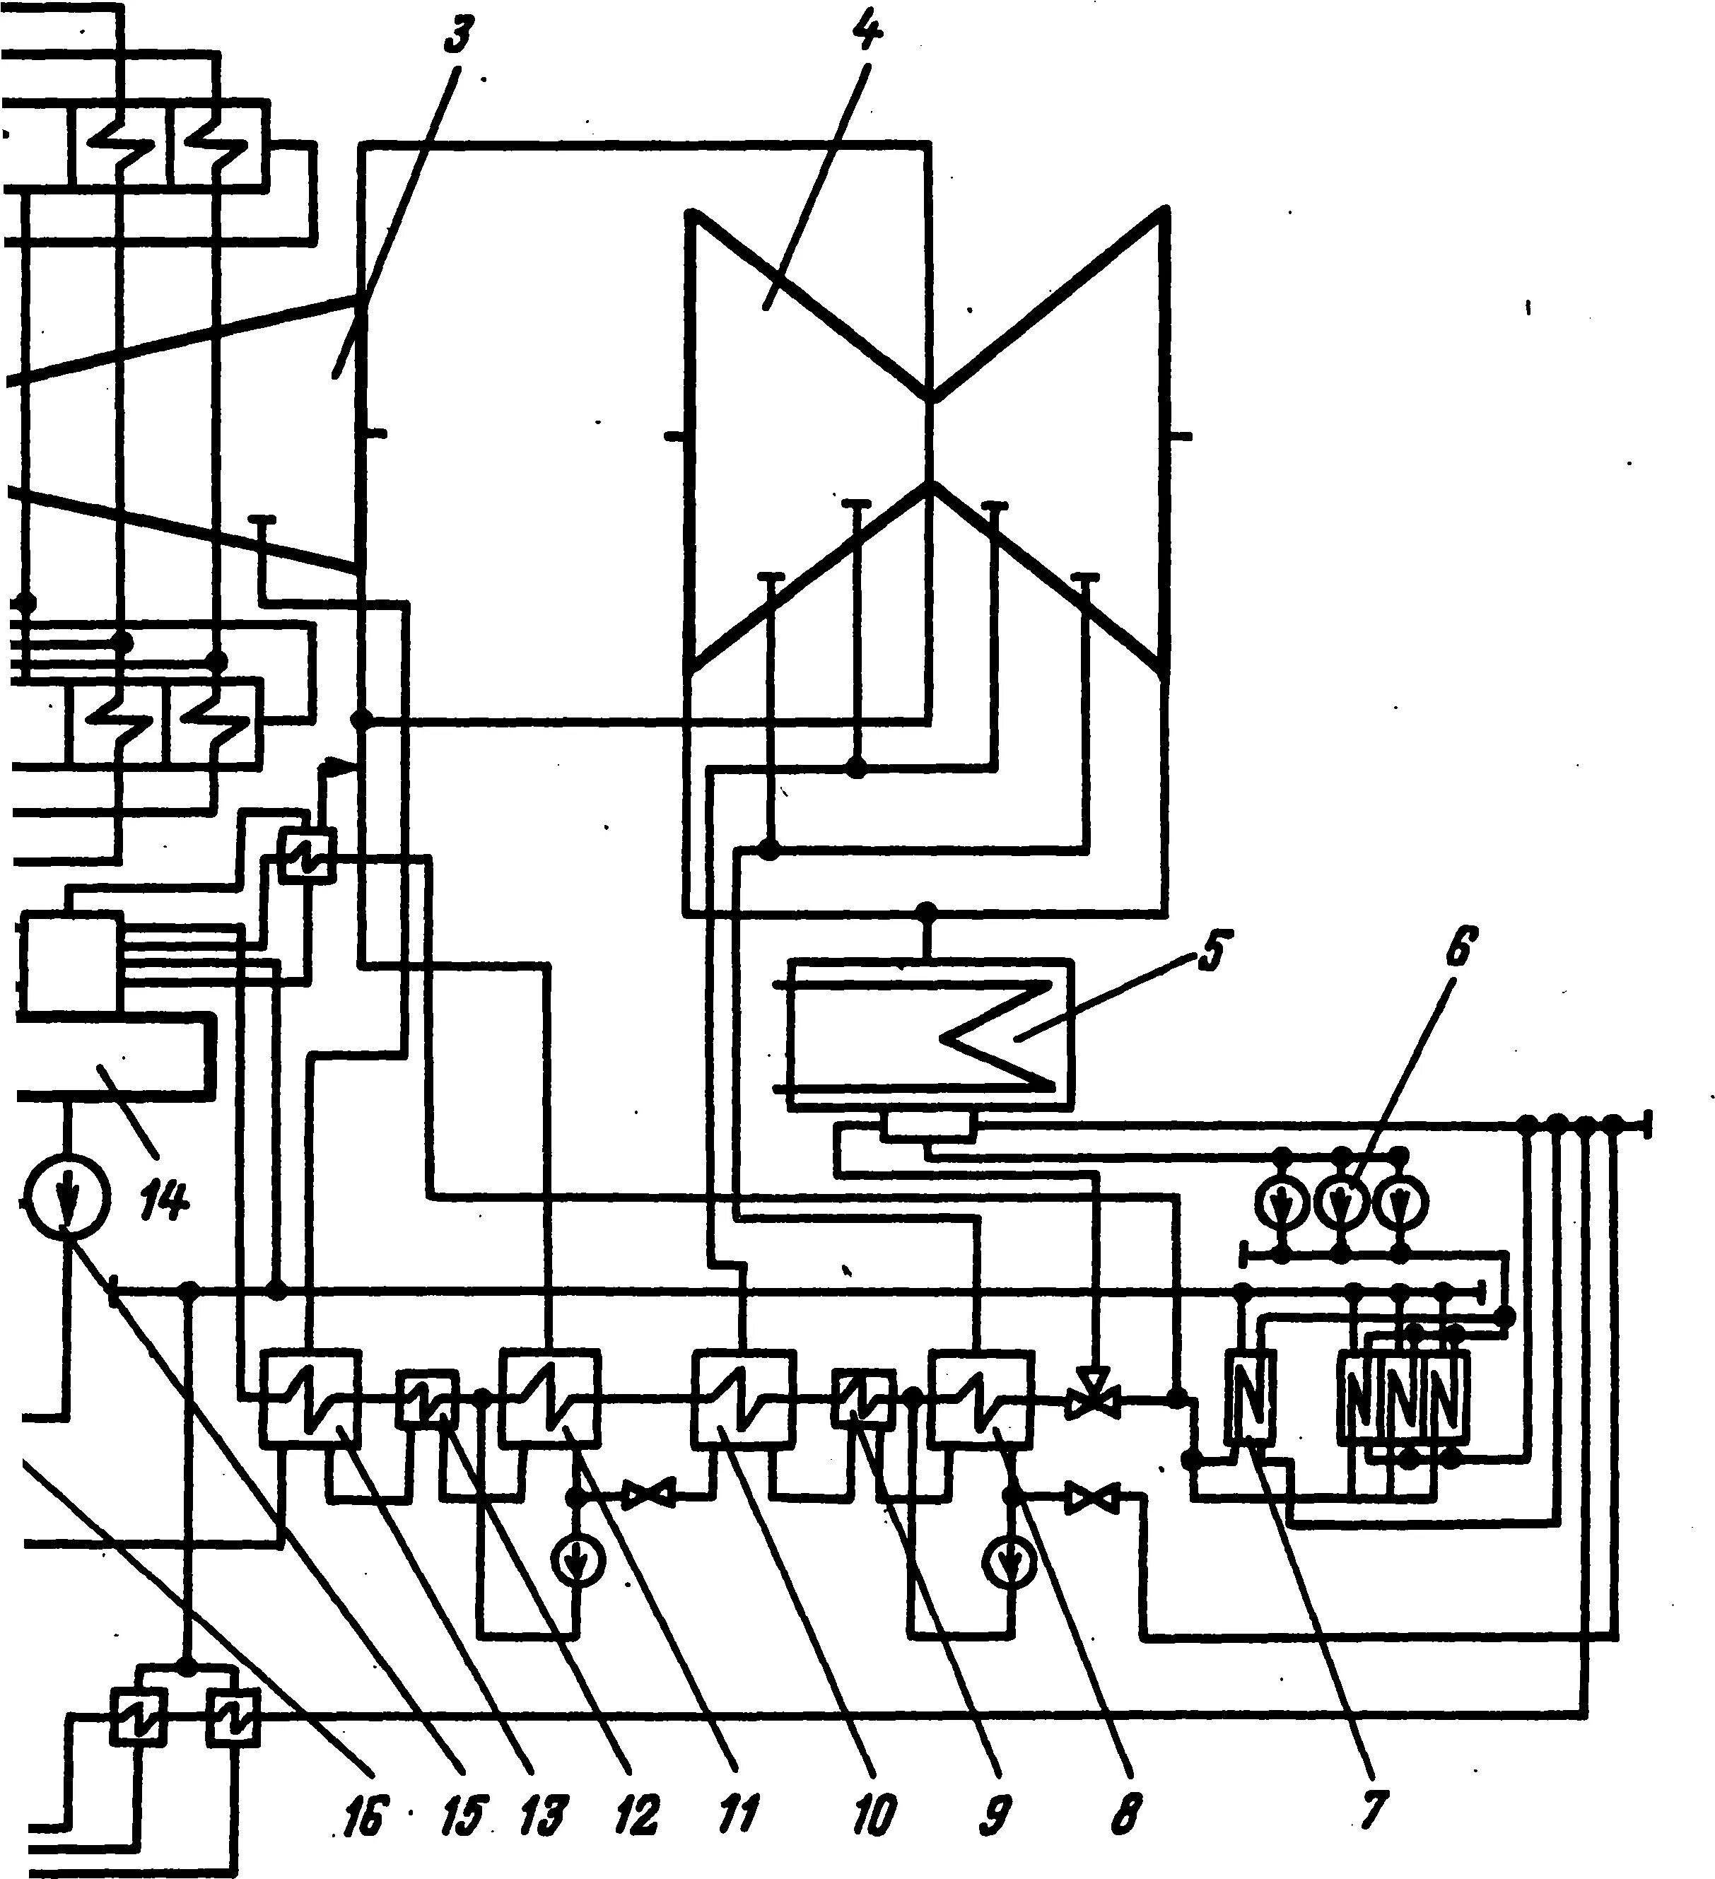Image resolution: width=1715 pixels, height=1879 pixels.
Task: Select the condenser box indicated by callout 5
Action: click(x=928, y=1034)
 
